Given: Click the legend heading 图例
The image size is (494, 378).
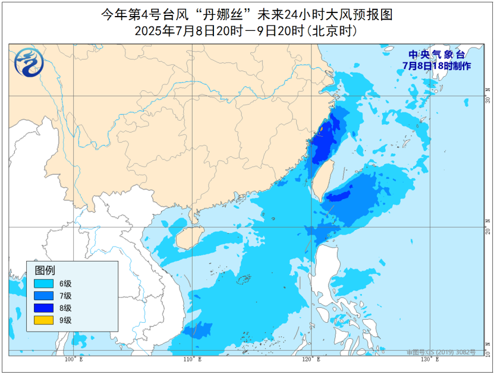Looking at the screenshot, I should click(x=45, y=270).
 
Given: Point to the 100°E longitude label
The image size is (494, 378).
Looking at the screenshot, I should click(x=73, y=360).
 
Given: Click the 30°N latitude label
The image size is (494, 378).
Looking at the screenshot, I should click(x=487, y=95).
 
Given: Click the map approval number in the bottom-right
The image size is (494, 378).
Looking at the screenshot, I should click(x=441, y=352).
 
